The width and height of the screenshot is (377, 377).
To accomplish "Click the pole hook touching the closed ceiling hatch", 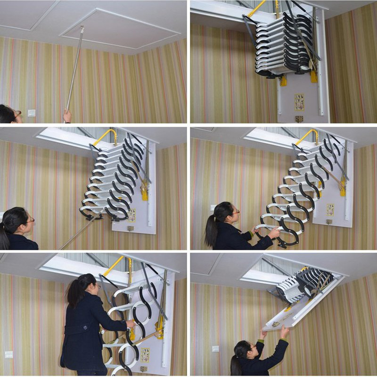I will (82, 29).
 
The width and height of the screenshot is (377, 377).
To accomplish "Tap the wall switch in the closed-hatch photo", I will (32, 113).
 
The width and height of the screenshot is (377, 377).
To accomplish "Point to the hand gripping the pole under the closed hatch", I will (67, 115).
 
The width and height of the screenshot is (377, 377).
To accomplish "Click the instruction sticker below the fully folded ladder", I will (299, 101).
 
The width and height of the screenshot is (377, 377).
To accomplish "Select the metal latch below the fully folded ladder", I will (299, 119).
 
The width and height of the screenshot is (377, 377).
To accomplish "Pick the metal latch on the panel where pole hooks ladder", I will (131, 229).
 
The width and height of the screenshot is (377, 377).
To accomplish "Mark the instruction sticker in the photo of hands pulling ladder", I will (330, 209).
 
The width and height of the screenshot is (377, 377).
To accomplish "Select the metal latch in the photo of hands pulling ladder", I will (329, 221).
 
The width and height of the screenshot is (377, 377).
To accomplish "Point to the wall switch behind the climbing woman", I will (9, 354).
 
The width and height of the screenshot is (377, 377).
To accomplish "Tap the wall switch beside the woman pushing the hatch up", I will (215, 349).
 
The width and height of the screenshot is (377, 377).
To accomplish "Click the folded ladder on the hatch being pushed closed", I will (302, 285).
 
